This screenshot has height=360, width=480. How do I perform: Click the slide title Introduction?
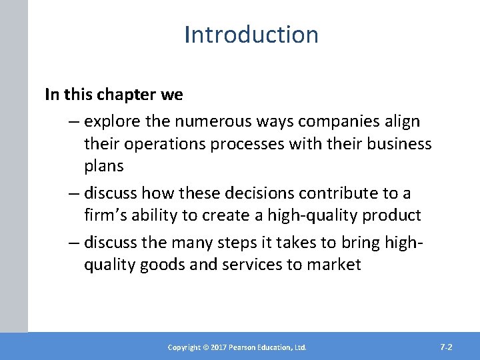pyautogui.click(x=251, y=34)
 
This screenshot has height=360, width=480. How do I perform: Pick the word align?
pyautogui.click(x=403, y=122)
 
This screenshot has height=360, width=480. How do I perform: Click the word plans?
pyautogui.click(x=104, y=165)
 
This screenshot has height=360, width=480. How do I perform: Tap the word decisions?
pyautogui.click(x=257, y=193)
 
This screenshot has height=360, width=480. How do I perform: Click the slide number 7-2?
pyautogui.click(x=447, y=347)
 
